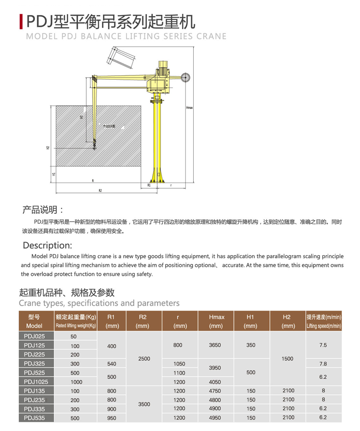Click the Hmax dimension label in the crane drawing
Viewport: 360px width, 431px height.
pos(189,108)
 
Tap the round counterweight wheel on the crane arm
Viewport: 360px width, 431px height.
pos(186,77)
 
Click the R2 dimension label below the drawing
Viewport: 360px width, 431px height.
pos(100,190)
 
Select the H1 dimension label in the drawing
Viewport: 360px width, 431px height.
pos(54,174)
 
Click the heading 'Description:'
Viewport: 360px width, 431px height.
pos(47,245)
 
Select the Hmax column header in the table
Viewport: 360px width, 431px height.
pos(216,321)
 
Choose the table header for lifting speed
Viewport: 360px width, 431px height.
pos(324,321)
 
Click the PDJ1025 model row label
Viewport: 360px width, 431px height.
pos(36,382)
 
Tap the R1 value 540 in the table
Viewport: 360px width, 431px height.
pos(111,364)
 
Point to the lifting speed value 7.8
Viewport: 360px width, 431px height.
pos(323,364)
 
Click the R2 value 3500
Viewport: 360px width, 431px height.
pos(144,404)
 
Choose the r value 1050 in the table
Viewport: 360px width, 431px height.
pos(180,364)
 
